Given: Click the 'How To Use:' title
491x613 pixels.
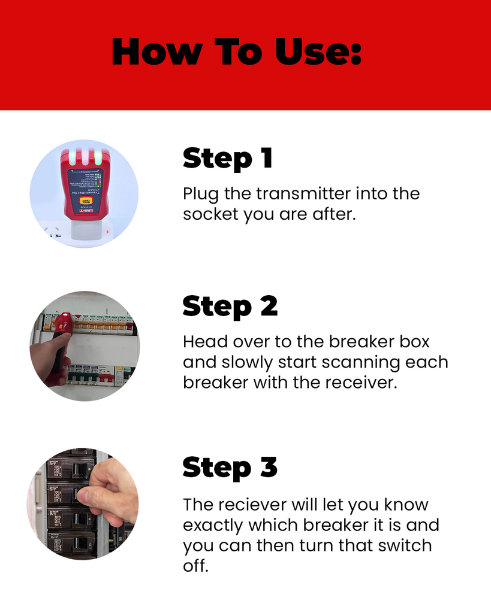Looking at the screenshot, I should click(237, 52).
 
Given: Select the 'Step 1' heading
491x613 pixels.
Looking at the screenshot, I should click(228, 159).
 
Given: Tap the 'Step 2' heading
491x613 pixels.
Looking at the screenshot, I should click(230, 306).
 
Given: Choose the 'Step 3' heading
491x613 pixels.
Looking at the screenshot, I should click(230, 467).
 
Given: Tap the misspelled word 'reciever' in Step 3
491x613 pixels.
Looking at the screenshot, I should click(248, 505).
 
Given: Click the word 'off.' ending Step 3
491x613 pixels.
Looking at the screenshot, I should click(195, 566).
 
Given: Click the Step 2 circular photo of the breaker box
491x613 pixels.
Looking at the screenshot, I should click(85, 346).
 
